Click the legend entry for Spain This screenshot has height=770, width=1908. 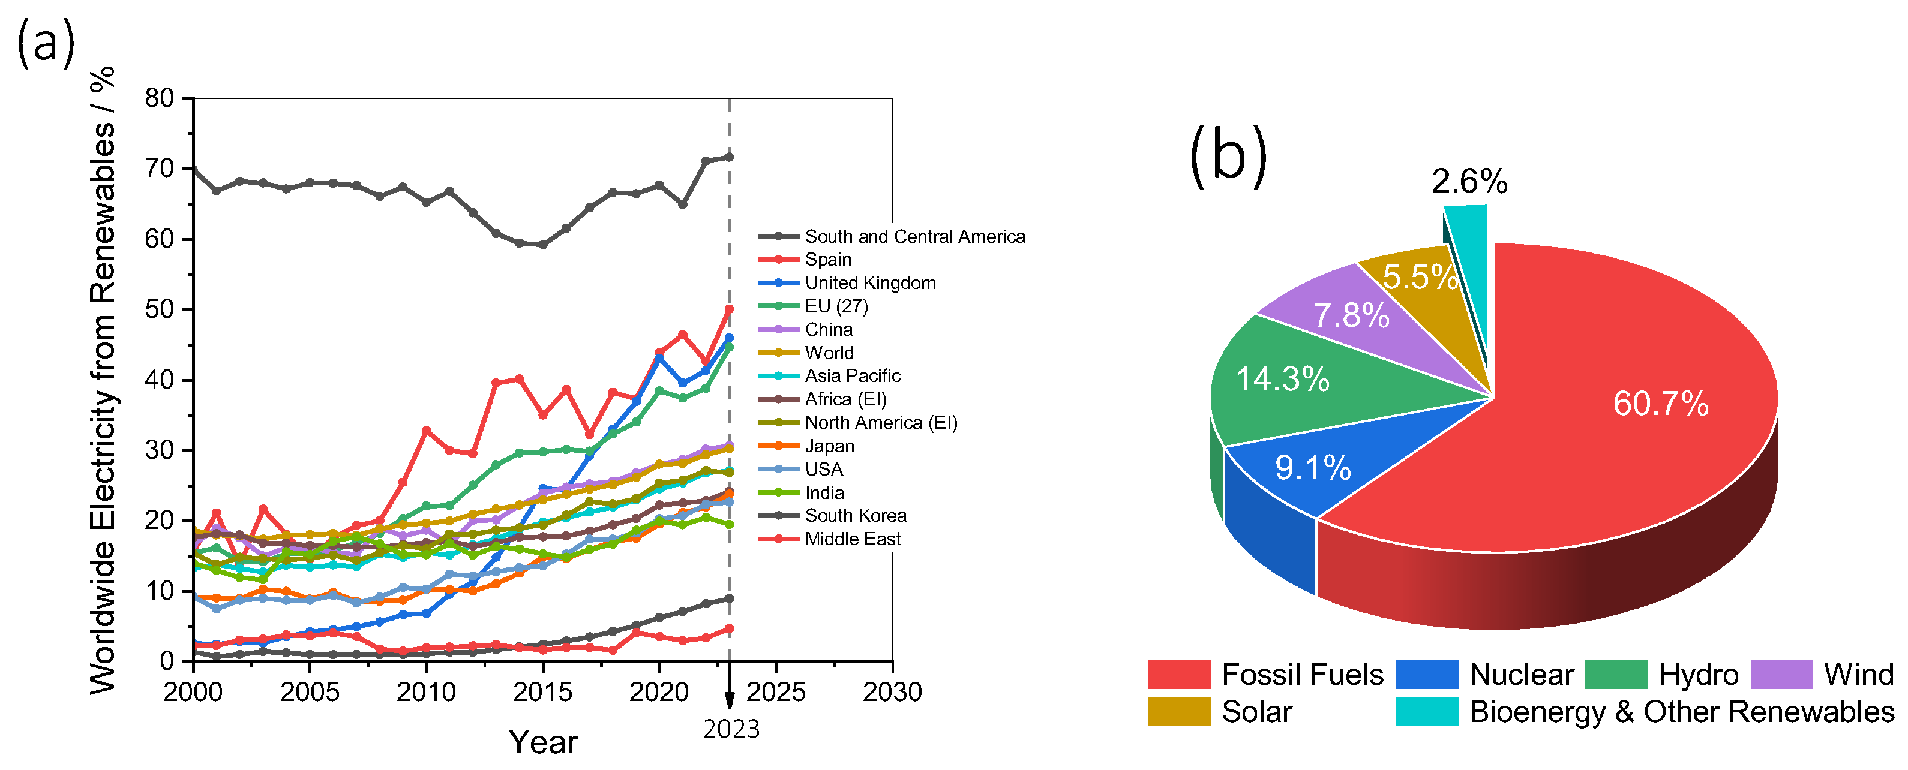pyautogui.click(x=827, y=260)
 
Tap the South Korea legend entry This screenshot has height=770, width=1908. pyautogui.click(x=855, y=516)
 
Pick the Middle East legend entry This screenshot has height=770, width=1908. pyautogui.click(x=852, y=539)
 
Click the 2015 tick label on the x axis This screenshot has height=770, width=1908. pyautogui.click(x=542, y=692)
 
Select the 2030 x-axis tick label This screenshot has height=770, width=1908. pyautogui.click(x=892, y=692)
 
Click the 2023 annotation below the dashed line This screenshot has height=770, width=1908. pyautogui.click(x=731, y=729)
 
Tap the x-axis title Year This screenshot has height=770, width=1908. pyautogui.click(x=542, y=742)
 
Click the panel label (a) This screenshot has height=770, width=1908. pyautogui.click(x=46, y=43)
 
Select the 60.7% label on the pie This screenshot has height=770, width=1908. pyautogui.click(x=1661, y=404)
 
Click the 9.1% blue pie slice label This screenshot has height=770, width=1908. pyautogui.click(x=1312, y=468)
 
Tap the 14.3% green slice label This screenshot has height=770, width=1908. pyautogui.click(x=1282, y=379)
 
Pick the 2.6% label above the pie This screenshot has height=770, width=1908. pyautogui.click(x=1469, y=181)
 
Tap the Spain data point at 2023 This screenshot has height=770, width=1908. pyautogui.click(x=729, y=309)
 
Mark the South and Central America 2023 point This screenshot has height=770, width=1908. pyautogui.click(x=729, y=157)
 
